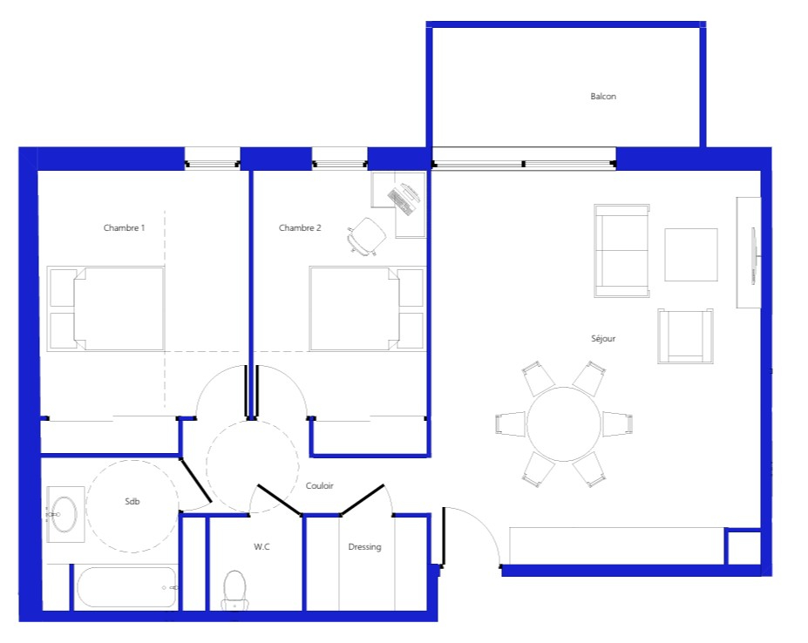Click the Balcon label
click(603, 97)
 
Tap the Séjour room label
click(603, 339)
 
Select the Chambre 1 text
click(124, 227)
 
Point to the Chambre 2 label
click(300, 227)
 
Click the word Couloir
click(320, 485)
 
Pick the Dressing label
click(365, 547)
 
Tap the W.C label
click(261, 546)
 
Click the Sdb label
click(132, 501)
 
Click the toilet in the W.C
click(235, 591)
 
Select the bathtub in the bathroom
click(126, 588)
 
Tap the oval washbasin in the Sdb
click(65, 514)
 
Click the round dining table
click(564, 424)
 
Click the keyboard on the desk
click(399, 202)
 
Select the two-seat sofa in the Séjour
click(621, 251)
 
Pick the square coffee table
click(691, 255)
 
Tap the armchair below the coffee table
click(685, 336)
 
